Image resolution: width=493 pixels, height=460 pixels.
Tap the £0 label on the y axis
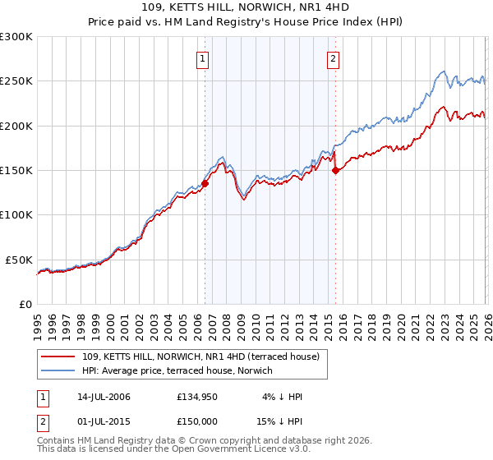pyautogui.click(x=25, y=304)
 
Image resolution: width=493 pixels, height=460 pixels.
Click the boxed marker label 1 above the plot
pyautogui.click(x=202, y=58)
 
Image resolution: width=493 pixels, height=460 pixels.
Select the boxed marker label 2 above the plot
pyautogui.click(x=334, y=58)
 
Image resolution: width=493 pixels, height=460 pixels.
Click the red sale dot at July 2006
pyautogui.click(x=205, y=184)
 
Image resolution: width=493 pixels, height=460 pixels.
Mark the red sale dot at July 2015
pyautogui.click(x=335, y=171)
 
